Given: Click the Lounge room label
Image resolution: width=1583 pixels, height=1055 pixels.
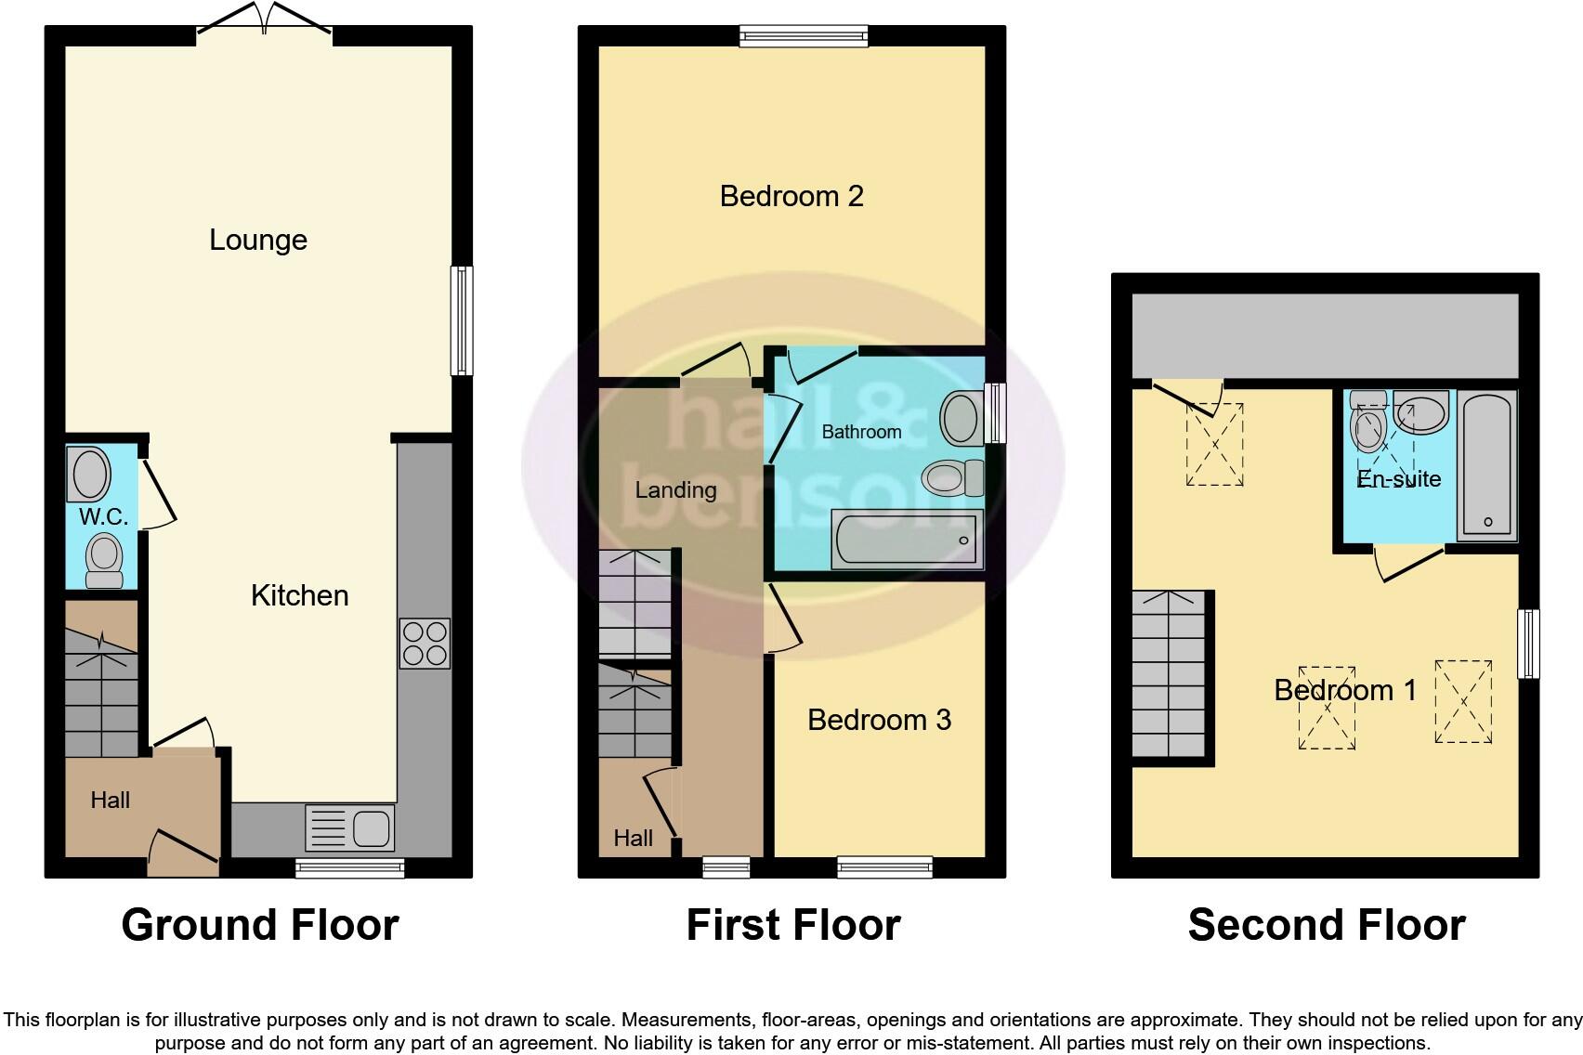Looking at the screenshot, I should (257, 240).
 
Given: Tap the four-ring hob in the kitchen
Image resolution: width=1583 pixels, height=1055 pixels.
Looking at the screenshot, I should (425, 644).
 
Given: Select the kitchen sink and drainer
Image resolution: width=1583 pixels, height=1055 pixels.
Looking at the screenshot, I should (350, 827).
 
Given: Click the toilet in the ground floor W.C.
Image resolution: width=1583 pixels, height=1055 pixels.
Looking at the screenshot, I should (104, 561).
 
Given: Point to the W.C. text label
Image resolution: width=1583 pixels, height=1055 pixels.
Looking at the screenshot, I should (103, 516).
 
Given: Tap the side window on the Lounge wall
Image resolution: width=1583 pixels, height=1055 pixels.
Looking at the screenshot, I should (461, 320).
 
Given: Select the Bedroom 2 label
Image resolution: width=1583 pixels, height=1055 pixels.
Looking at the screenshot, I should (791, 196).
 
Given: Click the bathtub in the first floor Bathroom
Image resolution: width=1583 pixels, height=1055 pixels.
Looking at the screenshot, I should (907, 541).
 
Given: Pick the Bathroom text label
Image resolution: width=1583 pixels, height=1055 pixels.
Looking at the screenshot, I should (861, 432).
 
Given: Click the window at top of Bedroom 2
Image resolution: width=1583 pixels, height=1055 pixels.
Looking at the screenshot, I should (804, 36).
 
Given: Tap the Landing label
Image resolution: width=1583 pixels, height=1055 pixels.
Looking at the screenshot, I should (675, 489).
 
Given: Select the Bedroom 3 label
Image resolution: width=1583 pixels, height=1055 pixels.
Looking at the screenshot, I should (879, 720).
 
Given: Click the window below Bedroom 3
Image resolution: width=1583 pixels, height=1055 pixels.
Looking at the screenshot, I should (884, 867).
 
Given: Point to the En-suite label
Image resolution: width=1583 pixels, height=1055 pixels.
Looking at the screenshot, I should (1399, 478).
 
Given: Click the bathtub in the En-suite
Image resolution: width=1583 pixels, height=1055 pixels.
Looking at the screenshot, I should (1486, 465).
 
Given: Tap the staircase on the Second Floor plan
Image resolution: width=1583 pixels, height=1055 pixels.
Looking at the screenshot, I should (1169, 676).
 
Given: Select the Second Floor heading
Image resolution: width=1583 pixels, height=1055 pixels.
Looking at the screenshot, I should (1326, 925).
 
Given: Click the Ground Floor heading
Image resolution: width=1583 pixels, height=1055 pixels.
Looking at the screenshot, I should (260, 925).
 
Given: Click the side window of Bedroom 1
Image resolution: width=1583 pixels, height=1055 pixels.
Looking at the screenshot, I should (1528, 644).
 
